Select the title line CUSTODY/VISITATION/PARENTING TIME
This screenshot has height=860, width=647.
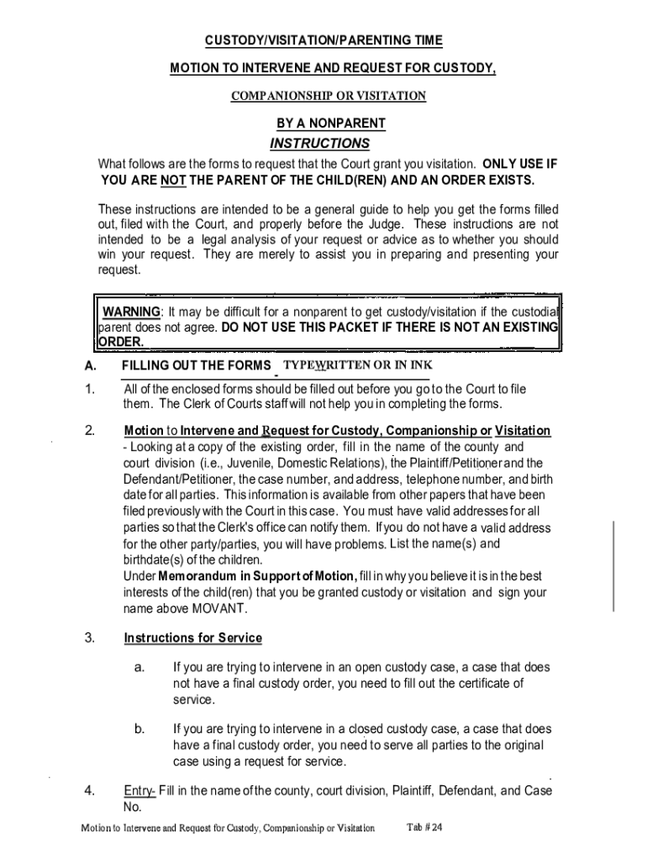point(323,40)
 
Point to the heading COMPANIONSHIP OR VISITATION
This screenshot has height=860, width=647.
point(329,96)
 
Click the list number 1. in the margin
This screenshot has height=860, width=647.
point(89,389)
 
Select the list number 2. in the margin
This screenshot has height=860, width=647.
point(89,431)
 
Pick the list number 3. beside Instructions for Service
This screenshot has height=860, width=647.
point(89,638)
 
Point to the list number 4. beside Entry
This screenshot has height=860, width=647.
point(89,790)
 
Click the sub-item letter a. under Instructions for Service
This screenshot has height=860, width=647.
point(139,668)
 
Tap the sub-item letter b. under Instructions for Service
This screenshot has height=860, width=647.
point(139,729)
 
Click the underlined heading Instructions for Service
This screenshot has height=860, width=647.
point(193,638)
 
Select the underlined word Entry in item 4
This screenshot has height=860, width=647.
point(139,790)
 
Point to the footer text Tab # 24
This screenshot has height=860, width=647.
point(424,827)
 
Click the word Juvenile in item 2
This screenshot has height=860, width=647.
point(252,463)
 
